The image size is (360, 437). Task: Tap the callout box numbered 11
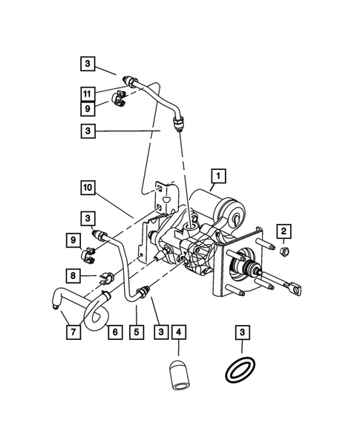coord(88,93)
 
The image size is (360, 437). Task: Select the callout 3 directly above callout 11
coord(88,65)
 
